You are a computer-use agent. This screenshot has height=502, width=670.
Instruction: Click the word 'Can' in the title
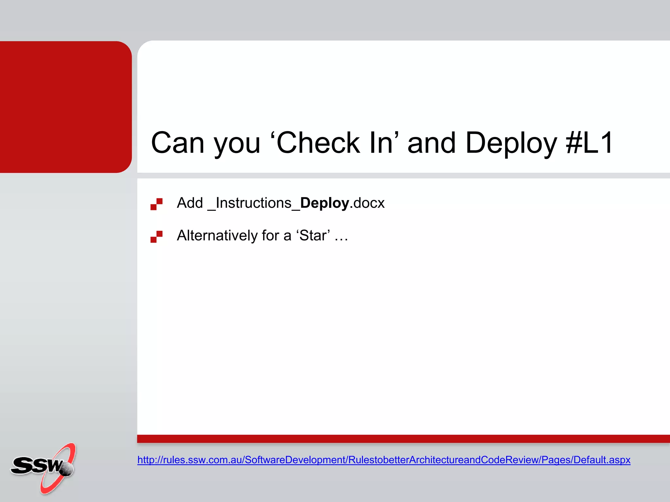[x=178, y=143]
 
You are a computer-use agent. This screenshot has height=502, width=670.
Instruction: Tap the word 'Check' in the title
[x=318, y=143]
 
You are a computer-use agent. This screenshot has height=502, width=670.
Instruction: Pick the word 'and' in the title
[x=432, y=143]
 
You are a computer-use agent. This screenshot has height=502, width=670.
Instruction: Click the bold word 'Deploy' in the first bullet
[x=324, y=203]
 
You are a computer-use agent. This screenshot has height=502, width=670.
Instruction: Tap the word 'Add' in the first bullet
[x=190, y=203]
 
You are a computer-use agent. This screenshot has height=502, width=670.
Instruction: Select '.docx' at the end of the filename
[x=367, y=203]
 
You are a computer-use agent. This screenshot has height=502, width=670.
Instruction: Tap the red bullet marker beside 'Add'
[x=156, y=204]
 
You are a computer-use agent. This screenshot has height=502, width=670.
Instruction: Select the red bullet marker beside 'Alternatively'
[x=156, y=237]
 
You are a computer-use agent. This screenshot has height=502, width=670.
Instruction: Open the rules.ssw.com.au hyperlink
[x=383, y=460]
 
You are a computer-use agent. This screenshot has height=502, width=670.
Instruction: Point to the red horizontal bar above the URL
[x=403, y=439]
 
